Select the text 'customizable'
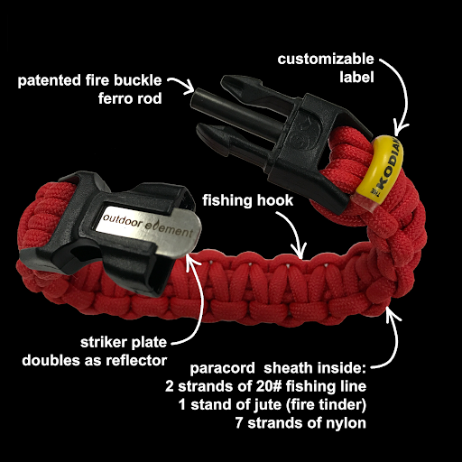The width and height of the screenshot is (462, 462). (326, 59)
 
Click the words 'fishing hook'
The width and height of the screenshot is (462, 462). (247, 200)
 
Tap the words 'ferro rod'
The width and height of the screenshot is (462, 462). (130, 98)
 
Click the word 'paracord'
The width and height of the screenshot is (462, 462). (222, 369)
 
